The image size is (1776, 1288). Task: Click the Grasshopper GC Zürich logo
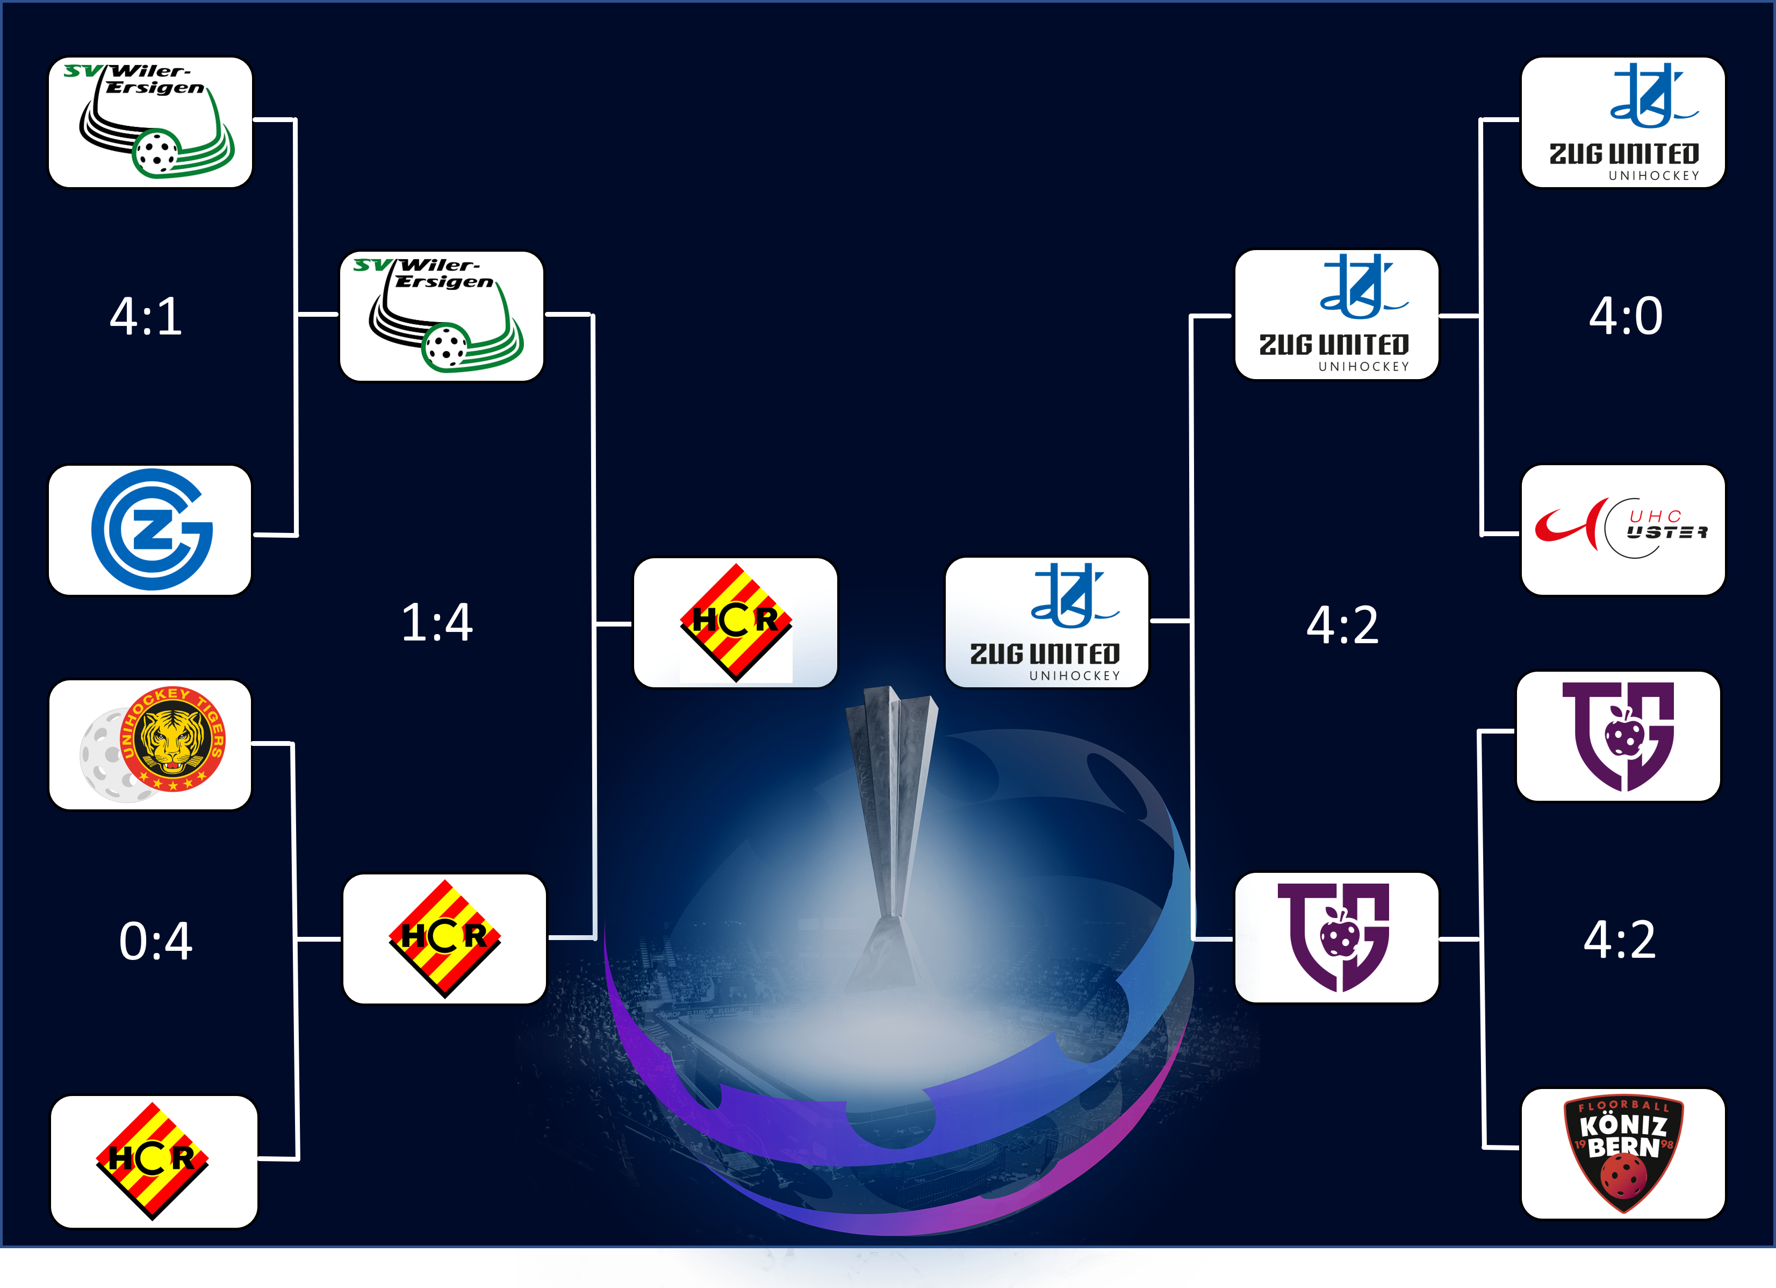point(152,530)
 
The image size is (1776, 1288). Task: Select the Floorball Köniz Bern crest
point(1623,1153)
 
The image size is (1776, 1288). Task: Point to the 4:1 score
point(147,317)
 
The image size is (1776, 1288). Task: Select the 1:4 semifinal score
point(437,623)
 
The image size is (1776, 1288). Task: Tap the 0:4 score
point(156,941)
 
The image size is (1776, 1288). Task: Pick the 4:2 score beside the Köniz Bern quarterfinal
point(1620,940)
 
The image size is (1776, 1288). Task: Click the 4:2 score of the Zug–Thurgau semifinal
point(1342,625)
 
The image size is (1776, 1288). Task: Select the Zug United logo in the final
point(1045,622)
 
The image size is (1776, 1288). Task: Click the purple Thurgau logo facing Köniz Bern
point(1618,736)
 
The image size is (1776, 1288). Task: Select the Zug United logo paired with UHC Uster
point(1624,122)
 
